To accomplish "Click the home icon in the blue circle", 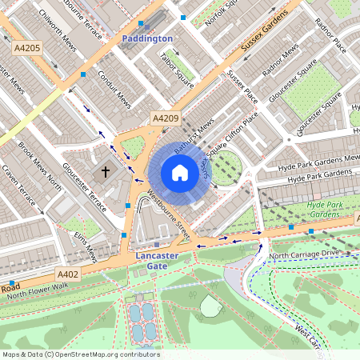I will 180,173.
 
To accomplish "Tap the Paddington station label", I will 146,38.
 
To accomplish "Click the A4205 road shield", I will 26,49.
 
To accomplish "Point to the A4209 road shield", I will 165,118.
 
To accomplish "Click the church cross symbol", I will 105,172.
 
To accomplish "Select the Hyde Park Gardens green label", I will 324,210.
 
